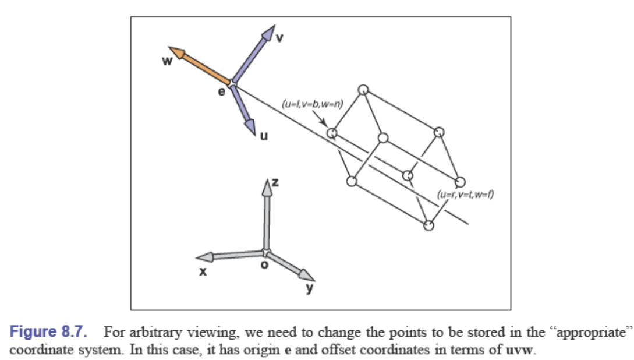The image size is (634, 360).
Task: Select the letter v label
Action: [x=279, y=38]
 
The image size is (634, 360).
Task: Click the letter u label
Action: [x=264, y=136]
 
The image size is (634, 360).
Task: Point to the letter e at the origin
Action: [x=221, y=91]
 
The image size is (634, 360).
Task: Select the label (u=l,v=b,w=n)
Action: [x=313, y=104]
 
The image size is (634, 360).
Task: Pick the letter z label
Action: [x=276, y=182]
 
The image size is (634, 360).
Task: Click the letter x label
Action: [x=203, y=271]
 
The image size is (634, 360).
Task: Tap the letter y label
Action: [x=310, y=287]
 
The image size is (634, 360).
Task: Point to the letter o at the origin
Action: [x=264, y=265]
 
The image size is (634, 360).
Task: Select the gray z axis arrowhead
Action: [x=267, y=187]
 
